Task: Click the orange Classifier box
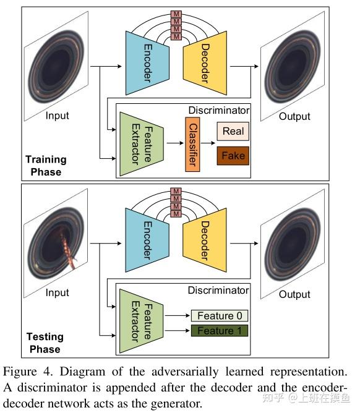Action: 192,143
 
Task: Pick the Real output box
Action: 233,131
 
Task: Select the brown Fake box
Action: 233,155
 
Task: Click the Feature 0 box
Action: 220,316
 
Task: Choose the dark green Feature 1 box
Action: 220,331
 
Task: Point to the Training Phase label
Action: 46,165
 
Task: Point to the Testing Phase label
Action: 45,343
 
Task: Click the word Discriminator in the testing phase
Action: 219,290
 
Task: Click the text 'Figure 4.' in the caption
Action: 23,372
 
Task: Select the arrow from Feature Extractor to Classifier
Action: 173,143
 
